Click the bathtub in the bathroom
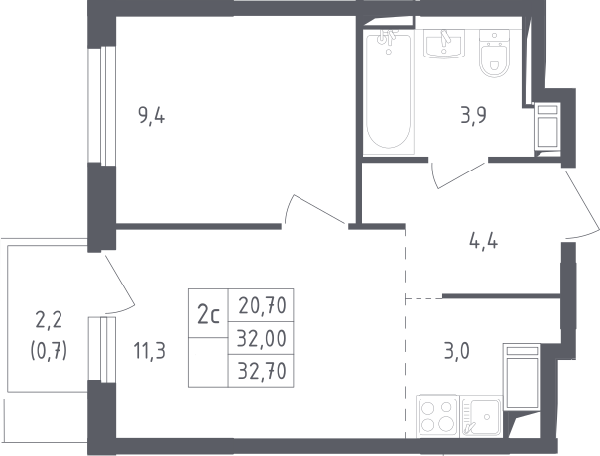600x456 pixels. click(x=389, y=92)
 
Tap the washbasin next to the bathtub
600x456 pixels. click(x=444, y=44)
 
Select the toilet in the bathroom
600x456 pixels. click(x=495, y=53)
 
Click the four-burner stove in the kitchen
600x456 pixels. click(x=437, y=416)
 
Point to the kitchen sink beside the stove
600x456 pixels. click(x=481, y=416)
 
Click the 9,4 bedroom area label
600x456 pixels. click(x=151, y=116)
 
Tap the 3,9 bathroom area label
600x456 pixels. click(x=474, y=115)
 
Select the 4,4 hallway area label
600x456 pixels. click(x=483, y=241)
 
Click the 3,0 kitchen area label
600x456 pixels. click(x=456, y=351)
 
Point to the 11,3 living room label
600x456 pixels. click(x=149, y=351)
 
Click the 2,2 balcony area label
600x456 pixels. click(x=49, y=320)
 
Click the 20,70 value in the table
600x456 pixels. click(x=262, y=305)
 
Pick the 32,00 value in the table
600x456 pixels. click(x=262, y=339)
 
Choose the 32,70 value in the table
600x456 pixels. click(x=262, y=371)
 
